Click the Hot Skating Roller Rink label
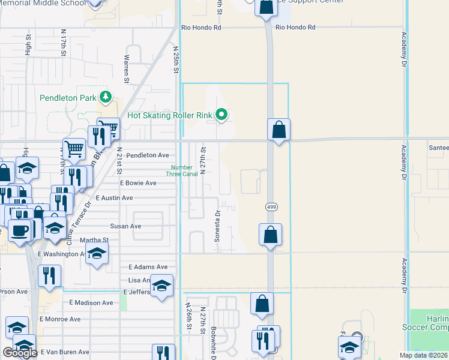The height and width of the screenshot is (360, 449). [170, 115]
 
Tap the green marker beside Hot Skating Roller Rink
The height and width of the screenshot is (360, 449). [221, 114]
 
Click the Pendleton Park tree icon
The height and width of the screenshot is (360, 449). [106, 97]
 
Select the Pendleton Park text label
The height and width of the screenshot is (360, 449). [68, 98]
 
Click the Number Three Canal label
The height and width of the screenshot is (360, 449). [182, 171]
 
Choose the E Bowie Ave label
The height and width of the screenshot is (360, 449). [138, 183]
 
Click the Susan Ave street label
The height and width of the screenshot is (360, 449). [125, 226]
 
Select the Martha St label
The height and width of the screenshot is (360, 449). [97, 240]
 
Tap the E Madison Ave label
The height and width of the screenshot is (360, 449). [91, 303]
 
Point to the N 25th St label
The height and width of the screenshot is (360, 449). [176, 59]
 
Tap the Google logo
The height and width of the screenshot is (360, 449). [20, 353]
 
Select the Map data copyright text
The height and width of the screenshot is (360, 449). [423, 356]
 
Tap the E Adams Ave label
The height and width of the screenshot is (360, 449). [148, 267]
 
